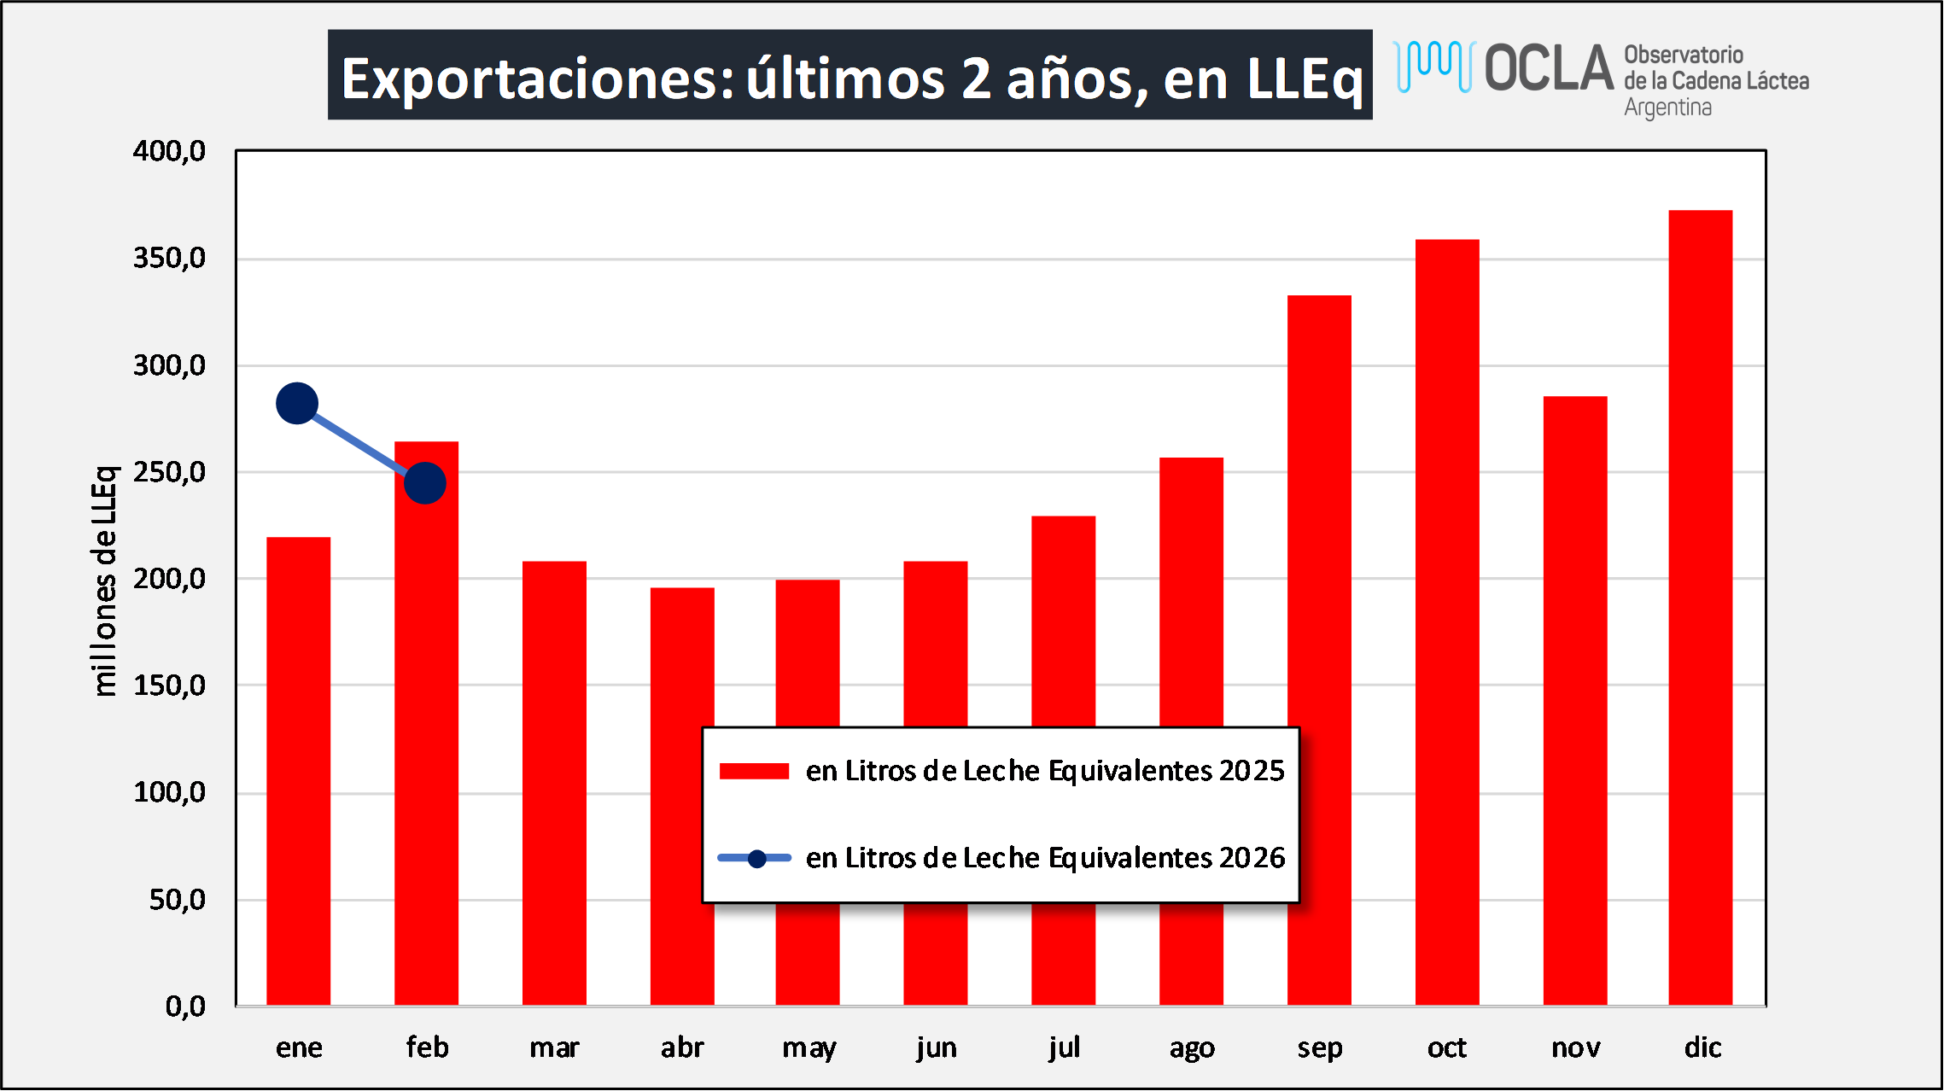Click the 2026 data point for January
coord(297,403)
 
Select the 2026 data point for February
coord(425,483)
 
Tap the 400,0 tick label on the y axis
coord(169,152)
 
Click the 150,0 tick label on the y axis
coord(169,686)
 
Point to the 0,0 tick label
coord(185,1006)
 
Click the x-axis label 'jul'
coord(1064,1047)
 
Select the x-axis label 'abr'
coord(682,1047)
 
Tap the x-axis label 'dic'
coord(1702,1047)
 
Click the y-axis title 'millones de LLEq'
coord(104,581)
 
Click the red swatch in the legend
coord(754,771)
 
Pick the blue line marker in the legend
coord(756,859)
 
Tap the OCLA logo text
coord(1549,67)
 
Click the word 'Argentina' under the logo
coord(1667,108)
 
